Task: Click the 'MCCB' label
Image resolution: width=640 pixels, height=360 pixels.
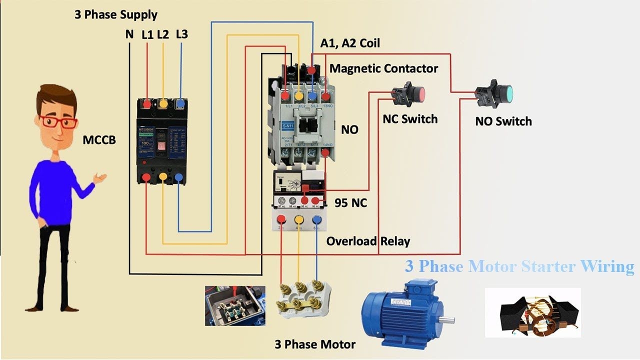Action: pyautogui.click(x=99, y=140)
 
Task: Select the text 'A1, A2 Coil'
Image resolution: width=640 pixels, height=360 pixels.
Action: pyautogui.click(x=350, y=43)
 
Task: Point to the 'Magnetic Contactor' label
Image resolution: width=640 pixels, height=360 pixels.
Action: pyautogui.click(x=383, y=68)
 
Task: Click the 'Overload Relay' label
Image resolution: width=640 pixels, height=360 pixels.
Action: pyautogui.click(x=368, y=241)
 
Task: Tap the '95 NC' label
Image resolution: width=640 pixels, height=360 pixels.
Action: pyautogui.click(x=350, y=203)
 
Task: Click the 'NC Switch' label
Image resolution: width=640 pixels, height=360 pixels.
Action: pyautogui.click(x=410, y=119)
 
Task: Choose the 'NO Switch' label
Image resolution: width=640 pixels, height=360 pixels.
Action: pyautogui.click(x=503, y=121)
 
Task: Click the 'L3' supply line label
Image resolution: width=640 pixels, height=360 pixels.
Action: pyautogui.click(x=181, y=34)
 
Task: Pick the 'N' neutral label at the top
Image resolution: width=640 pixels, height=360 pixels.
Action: pyautogui.click(x=129, y=35)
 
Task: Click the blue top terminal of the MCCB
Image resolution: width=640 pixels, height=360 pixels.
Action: pyautogui.click(x=179, y=103)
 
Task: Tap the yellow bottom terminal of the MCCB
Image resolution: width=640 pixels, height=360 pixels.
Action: pyautogui.click(x=163, y=177)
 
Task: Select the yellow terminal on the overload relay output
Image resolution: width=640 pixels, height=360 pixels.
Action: pyautogui.click(x=299, y=219)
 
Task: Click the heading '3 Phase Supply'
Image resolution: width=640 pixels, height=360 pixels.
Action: pyautogui.click(x=115, y=14)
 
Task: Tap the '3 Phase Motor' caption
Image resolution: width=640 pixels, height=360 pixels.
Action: pyautogui.click(x=315, y=344)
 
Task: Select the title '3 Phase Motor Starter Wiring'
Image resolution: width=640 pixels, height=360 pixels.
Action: pyautogui.click(x=519, y=266)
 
